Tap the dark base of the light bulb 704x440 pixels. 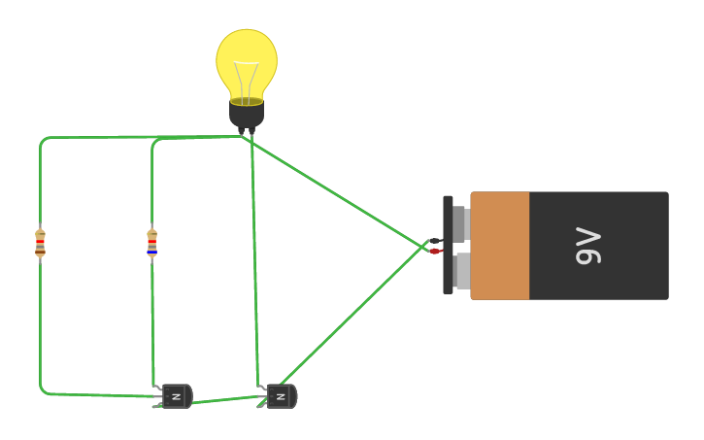pos(247,114)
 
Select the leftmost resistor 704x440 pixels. pos(40,243)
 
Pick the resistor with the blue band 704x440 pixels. pos(151,243)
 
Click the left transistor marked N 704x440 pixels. pos(176,396)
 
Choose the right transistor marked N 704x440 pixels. pos(281,396)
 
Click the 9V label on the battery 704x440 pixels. pos(589,246)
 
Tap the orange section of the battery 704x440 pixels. pos(500,246)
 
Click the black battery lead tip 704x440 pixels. pos(435,241)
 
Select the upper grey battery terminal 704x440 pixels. pos(460,223)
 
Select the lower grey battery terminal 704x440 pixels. pos(460,271)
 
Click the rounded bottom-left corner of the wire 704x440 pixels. pos(43,390)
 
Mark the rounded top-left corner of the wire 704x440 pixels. pos(43,141)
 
